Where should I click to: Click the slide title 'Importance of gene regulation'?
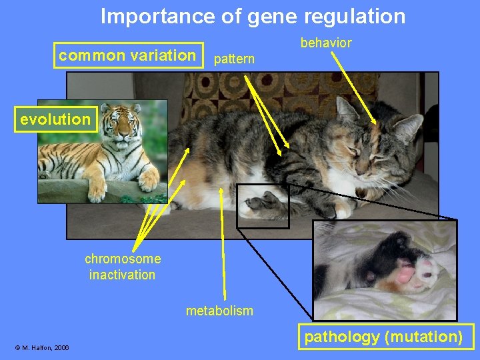pyautogui.click(x=253, y=16)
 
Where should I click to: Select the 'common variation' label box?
pyautogui.click(x=127, y=55)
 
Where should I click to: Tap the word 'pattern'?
pyautogui.click(x=233, y=59)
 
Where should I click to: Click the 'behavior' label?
pyautogui.click(x=325, y=43)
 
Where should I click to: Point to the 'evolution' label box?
pyautogui.click(x=55, y=120)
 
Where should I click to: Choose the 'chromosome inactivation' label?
pyautogui.click(x=122, y=267)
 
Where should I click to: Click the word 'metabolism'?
pyautogui.click(x=219, y=311)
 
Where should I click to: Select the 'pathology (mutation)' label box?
pyautogui.click(x=383, y=337)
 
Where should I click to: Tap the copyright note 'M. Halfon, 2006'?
pyautogui.click(x=42, y=347)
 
